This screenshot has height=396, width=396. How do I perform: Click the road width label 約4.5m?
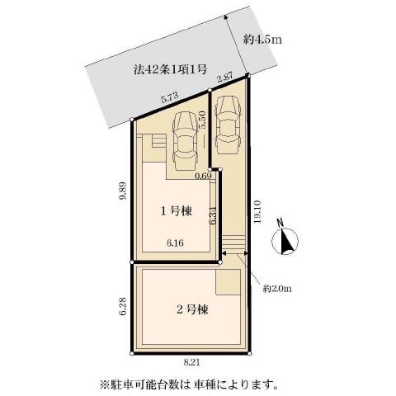262,40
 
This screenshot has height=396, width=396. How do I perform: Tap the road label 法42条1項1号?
171,69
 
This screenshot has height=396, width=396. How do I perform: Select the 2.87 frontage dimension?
225,78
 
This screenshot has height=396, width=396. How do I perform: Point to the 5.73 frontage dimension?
170,97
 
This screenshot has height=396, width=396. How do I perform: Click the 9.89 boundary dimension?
123,191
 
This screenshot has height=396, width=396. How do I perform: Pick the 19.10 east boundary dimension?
257,212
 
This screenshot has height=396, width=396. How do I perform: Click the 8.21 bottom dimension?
191,362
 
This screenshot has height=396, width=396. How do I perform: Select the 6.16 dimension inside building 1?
175,243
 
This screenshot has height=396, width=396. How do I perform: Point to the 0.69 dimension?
203,176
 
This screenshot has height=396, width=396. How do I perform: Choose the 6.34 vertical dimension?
214,216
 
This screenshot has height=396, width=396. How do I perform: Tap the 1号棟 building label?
176,211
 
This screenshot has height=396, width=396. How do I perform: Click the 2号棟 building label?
192,309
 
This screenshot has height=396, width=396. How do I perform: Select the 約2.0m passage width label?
277,289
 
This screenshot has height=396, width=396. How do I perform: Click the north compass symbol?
285,241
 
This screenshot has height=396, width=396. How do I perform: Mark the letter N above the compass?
280,222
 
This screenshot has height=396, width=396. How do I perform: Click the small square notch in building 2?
228,282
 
